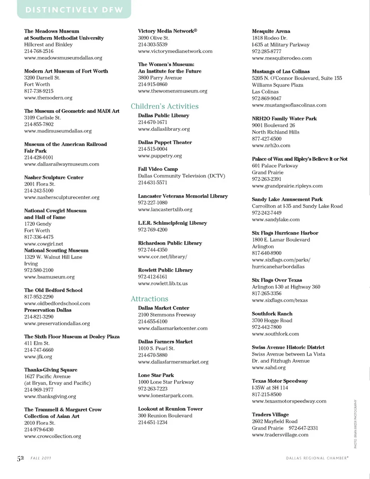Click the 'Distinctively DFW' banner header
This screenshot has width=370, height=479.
[74, 10]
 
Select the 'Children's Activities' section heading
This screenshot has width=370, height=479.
[165, 106]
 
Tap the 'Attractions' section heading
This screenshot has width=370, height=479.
[150, 299]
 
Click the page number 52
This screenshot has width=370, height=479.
[20, 458]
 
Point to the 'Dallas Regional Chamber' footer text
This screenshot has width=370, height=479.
[317, 458]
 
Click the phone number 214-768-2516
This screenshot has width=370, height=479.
[39, 51]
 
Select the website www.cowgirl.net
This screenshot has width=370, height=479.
[44, 244]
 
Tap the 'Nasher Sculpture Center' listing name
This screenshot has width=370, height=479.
[54, 177]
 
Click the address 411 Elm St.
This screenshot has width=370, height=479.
[37, 343]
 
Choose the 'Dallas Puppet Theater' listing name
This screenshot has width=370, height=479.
[165, 142]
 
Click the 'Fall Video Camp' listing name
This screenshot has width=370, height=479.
[158, 169]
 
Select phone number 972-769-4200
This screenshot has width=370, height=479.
[153, 230]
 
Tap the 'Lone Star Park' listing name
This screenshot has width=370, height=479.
[156, 375]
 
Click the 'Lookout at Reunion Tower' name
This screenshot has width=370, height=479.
[170, 409]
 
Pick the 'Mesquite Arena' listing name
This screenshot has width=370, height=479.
[271, 31]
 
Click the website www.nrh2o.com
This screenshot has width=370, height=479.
[271, 145]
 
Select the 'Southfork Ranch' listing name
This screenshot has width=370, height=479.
[272, 314]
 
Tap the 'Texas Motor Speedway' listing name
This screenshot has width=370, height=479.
[280, 381]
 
